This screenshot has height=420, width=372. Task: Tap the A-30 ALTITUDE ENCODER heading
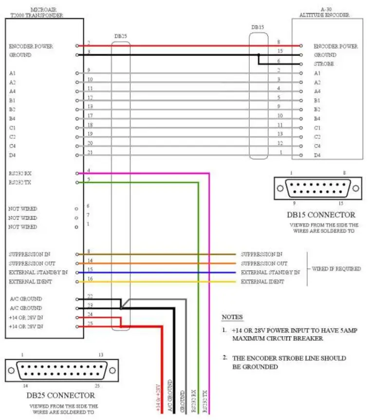[x=331, y=12]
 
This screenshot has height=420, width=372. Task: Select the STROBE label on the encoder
[x=324, y=64]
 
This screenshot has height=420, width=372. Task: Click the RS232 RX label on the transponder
[x=20, y=173]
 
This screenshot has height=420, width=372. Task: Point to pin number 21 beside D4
[x=90, y=152]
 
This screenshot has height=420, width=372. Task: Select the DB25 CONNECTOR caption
[x=60, y=395]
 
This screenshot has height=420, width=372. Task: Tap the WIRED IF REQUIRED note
[x=336, y=268]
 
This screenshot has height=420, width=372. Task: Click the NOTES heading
[x=232, y=317]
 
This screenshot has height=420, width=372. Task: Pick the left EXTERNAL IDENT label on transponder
[x=30, y=282]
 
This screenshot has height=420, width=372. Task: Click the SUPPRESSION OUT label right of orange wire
[x=264, y=263]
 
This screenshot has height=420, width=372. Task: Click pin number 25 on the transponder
[x=90, y=323]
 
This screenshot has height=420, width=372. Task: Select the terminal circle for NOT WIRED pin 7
[x=76, y=218]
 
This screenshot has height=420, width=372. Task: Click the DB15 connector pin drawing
[x=318, y=188]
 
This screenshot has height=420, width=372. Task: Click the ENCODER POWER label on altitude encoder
[x=335, y=46]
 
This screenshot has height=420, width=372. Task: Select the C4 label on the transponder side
[x=13, y=146]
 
